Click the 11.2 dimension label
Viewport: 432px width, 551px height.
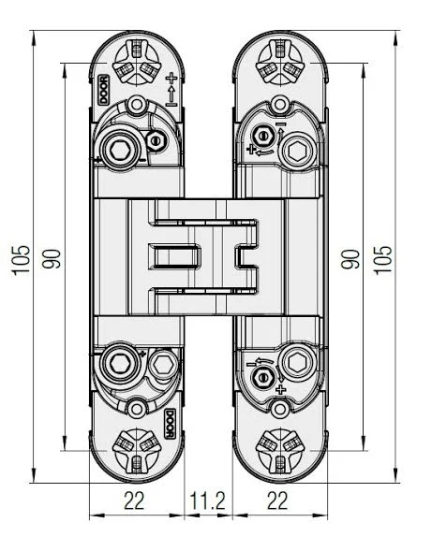click(x=207, y=500)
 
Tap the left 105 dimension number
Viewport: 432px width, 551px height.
click(x=21, y=260)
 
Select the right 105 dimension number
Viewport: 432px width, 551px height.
click(x=382, y=260)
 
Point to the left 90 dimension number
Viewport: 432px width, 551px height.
click(x=52, y=259)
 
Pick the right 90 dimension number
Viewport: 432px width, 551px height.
click(x=350, y=259)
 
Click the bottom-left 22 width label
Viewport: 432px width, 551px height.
click(x=134, y=500)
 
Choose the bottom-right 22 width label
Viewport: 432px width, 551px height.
click(x=277, y=500)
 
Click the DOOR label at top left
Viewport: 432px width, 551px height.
click(x=103, y=90)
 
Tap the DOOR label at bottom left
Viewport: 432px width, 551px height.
click(x=170, y=424)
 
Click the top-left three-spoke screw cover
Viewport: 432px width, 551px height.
click(x=137, y=63)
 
